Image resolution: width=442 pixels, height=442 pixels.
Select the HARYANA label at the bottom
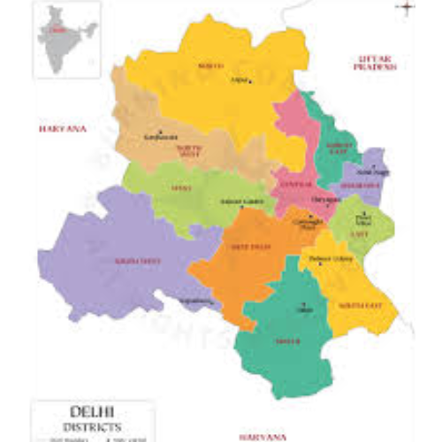(x=261, y=436)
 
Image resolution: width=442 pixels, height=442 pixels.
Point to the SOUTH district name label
(x=287, y=340)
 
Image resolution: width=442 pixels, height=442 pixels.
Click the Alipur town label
(x=240, y=80)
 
